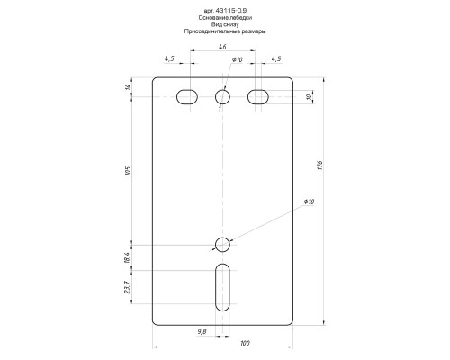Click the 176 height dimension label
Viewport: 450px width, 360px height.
319,166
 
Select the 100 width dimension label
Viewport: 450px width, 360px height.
245,343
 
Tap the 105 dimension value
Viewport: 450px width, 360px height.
129,171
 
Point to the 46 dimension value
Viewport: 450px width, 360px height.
222,47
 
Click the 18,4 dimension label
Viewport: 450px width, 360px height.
127,257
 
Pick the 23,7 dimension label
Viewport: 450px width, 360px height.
127,287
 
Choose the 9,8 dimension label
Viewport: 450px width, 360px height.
202,331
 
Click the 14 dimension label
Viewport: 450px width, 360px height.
128,87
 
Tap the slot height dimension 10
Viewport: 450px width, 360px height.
309,97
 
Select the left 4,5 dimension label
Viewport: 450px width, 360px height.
169,58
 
